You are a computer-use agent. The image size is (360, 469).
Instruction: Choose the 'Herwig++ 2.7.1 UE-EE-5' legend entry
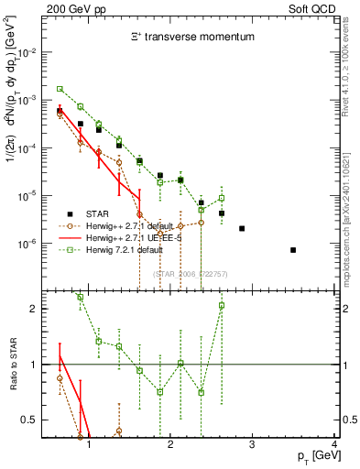click(x=128, y=235)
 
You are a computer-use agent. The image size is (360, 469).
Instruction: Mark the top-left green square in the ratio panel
click(x=81, y=297)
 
